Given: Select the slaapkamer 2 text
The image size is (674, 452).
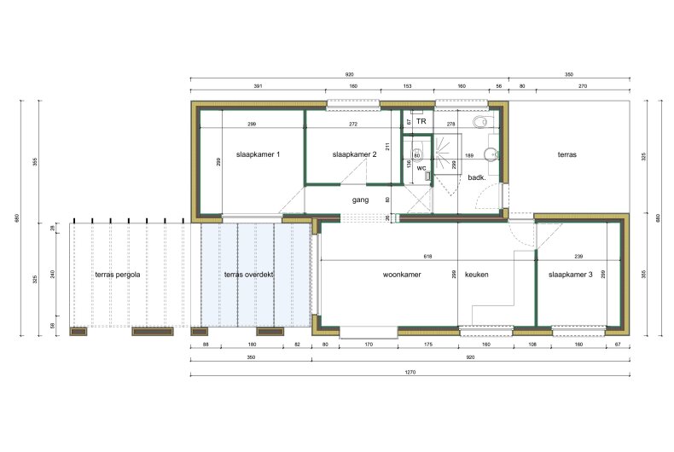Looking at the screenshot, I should [x=354, y=154].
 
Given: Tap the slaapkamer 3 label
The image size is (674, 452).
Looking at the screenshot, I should [x=571, y=275].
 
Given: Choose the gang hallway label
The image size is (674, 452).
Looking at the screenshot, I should [x=360, y=200].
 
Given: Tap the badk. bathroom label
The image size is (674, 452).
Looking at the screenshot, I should [x=477, y=177].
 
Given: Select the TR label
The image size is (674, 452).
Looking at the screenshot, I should [x=421, y=123].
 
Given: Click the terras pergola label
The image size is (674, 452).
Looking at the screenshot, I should [x=117, y=275].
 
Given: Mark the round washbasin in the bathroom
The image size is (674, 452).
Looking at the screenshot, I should [x=489, y=154].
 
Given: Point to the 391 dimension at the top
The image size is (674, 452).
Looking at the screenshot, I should [x=257, y=86].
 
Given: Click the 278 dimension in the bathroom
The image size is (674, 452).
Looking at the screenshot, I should [x=451, y=125].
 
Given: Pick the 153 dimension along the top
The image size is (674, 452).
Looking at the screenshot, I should [x=407, y=86].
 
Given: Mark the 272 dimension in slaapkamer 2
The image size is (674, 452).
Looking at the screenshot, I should [x=353, y=125].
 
